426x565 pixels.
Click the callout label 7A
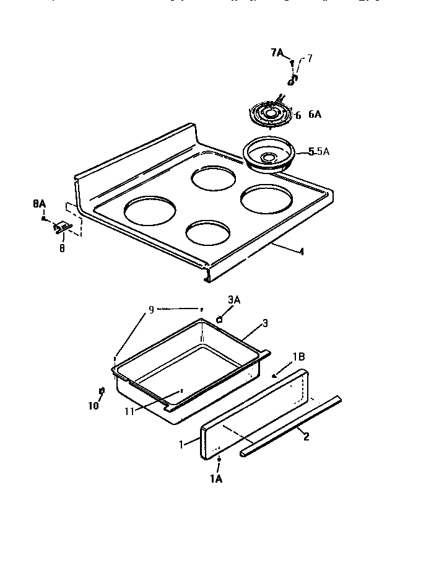[277, 53]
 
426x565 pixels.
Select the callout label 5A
[323, 151]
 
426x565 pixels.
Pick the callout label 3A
[233, 299]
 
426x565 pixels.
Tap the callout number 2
[306, 436]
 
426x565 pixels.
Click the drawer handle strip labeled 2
[291, 427]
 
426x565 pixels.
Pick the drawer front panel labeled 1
[254, 415]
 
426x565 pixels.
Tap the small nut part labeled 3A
[219, 319]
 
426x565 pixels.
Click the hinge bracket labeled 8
[61, 229]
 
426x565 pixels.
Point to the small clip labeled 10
[103, 390]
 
